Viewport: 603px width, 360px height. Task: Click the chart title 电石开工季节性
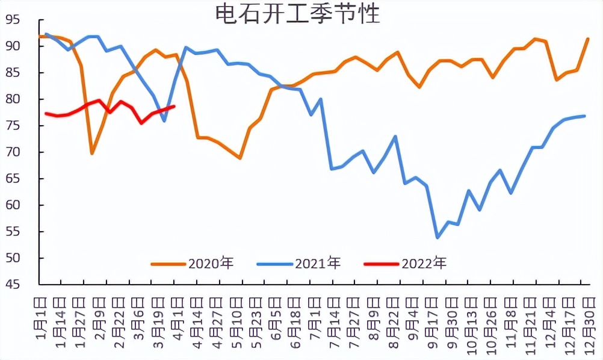point(298,13)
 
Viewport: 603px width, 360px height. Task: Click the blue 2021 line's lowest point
point(438,238)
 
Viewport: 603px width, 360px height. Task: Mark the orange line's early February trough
point(92,154)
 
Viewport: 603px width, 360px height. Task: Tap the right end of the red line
point(174,107)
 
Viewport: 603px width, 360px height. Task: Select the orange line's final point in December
point(587,39)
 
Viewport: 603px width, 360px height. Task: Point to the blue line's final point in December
point(584,116)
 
